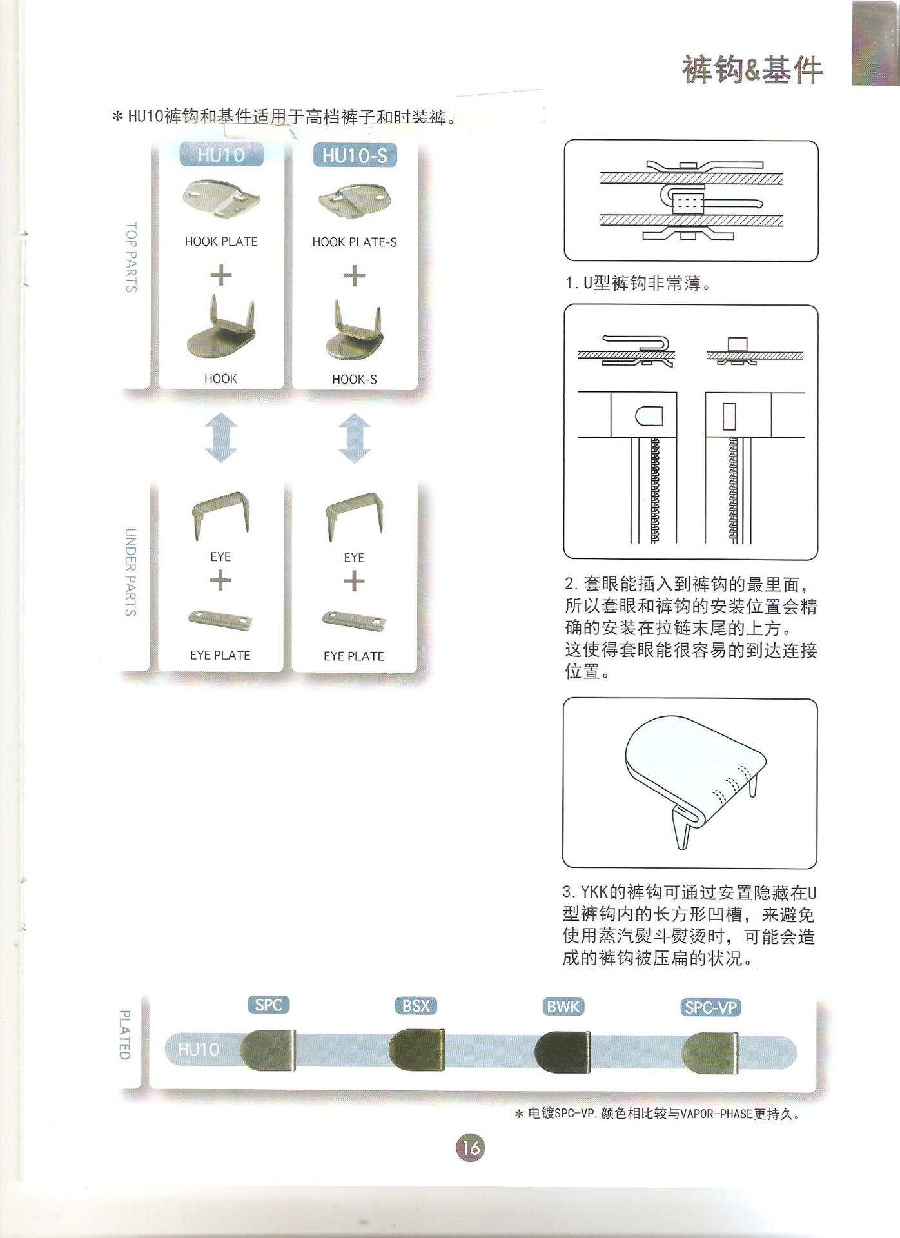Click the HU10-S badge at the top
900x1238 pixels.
(355, 155)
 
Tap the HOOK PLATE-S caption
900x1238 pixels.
(355, 242)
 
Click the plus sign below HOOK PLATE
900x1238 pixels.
(220, 276)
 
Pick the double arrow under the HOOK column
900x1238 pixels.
(220, 437)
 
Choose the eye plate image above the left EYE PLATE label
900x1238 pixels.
(220, 621)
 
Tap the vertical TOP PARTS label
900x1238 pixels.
(131, 257)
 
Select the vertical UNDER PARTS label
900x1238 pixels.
(130, 572)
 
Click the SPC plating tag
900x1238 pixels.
(268, 1005)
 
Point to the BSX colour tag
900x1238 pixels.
(416, 1006)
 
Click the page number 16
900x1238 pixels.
(470, 1148)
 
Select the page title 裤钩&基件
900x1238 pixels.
(752, 70)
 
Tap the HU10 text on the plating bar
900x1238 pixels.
(199, 1050)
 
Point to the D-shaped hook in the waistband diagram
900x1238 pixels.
(649, 416)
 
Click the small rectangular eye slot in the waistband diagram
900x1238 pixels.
(729, 416)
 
